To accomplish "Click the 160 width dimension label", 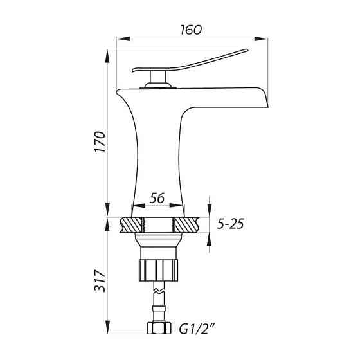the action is [x=191, y=30].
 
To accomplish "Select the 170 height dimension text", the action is [x=100, y=141].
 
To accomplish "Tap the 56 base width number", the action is [x=157, y=198].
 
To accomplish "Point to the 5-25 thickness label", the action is [x=230, y=224].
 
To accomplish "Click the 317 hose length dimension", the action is [x=100, y=281].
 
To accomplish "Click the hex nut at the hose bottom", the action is [x=159, y=328].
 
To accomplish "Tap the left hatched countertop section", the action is [x=131, y=225].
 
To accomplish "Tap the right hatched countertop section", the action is [x=186, y=225].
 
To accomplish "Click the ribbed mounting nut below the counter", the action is [x=159, y=270].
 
